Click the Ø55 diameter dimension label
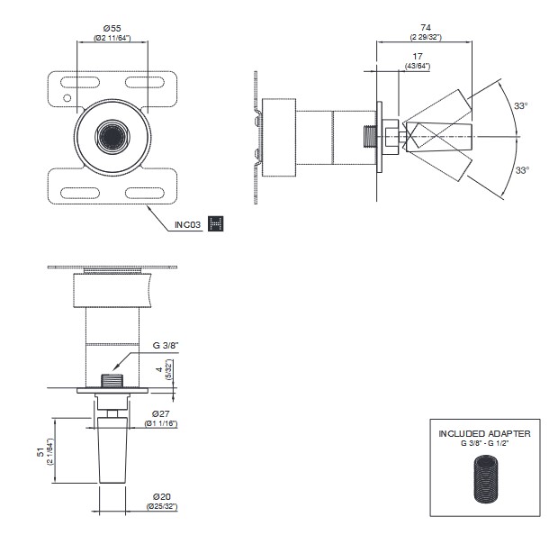click(x=113, y=28)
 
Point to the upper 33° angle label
click(x=520, y=106)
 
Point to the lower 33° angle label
click(x=522, y=168)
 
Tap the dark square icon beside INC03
click(x=215, y=224)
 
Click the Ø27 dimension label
click(x=162, y=413)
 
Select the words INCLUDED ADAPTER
click(x=484, y=434)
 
